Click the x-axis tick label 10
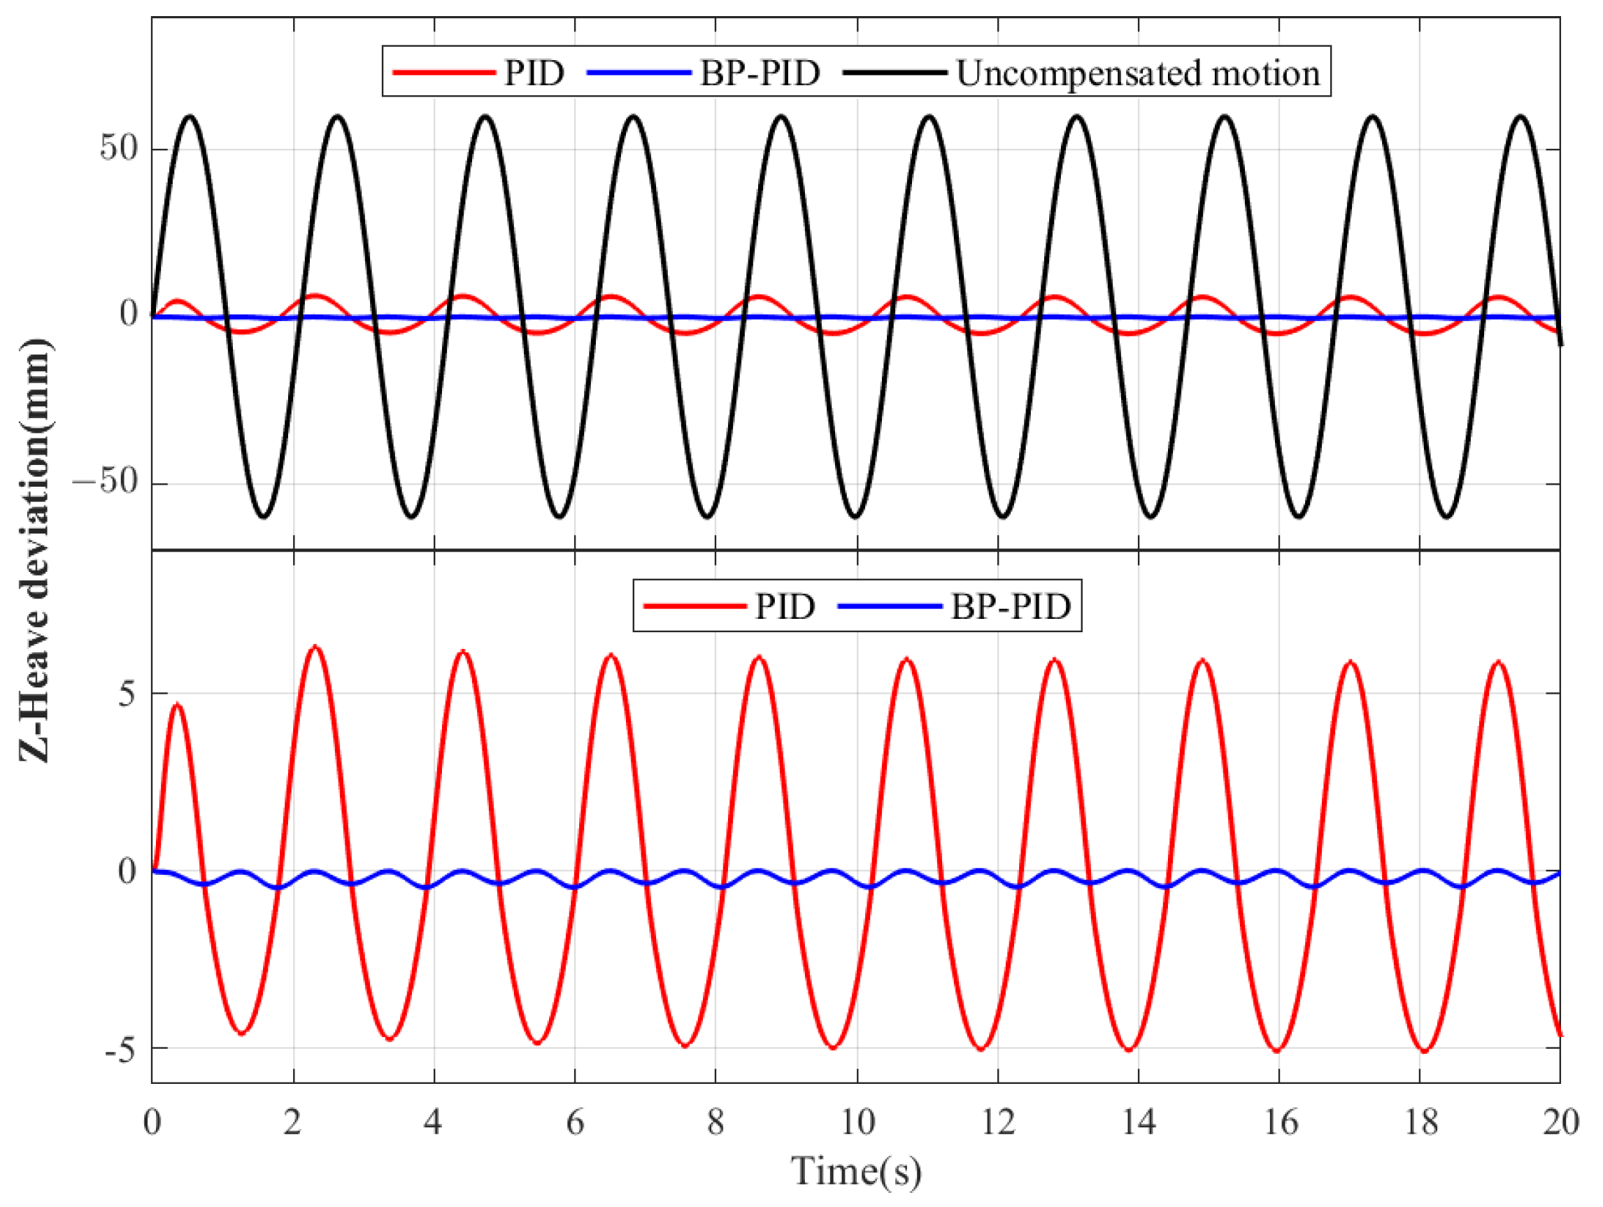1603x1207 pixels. point(857,1124)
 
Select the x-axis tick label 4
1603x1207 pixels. point(434,1124)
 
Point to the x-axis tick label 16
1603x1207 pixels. point(1280,1124)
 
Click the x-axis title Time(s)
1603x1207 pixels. point(856,1172)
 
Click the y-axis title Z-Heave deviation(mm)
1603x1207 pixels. point(35,550)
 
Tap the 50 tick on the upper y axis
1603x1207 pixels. point(119,149)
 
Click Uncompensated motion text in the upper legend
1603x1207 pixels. point(1138,73)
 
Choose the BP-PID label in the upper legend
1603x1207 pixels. point(760,73)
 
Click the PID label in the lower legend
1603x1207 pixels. point(785,606)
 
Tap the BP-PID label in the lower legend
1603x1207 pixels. point(1010,606)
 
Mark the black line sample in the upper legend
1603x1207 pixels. point(896,73)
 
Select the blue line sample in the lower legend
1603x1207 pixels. point(889,606)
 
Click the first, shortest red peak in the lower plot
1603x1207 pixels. point(177,704)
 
